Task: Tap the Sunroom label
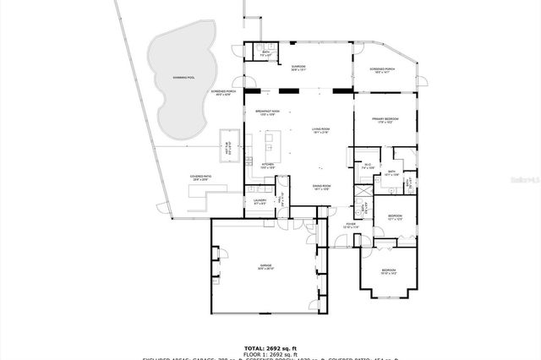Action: coord(298,68)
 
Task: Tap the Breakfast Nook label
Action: coord(268,112)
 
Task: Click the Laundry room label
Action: coord(260,201)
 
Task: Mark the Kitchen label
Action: coord(268,166)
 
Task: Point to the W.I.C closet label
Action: coord(367,166)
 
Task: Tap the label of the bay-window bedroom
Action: coord(388,271)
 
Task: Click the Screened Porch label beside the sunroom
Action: coord(383,71)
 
